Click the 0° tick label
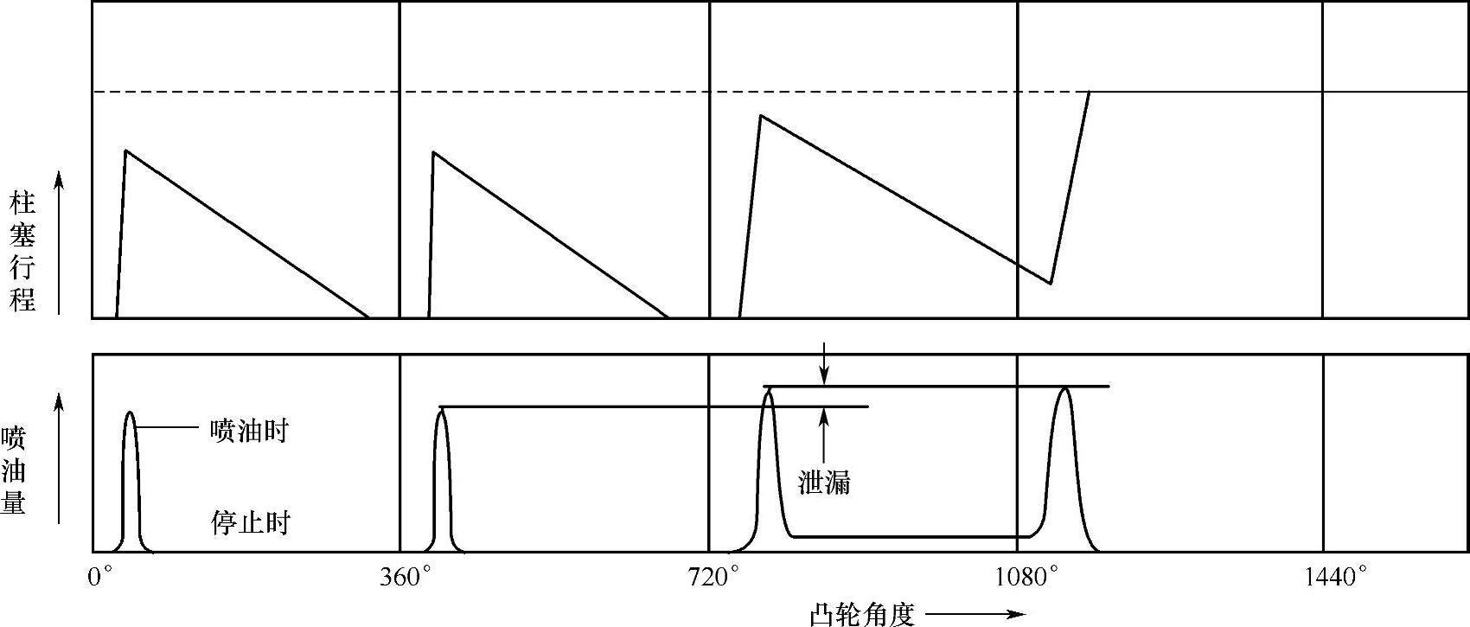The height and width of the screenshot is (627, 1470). pos(100,577)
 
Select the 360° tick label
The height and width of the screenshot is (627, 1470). pos(406,577)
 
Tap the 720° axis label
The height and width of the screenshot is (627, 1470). pos(714,577)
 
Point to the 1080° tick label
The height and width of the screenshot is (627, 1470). pos(1028,577)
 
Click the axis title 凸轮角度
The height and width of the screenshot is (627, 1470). pos(862,614)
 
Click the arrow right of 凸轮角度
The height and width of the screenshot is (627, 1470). pos(975,614)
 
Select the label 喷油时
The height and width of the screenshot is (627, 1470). pos(249,430)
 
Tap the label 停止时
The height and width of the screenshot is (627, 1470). pos(250,522)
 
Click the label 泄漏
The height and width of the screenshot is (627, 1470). pos(823,483)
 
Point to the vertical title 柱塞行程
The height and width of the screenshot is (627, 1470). pos(22,253)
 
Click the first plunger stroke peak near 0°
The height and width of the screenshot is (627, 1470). pos(126,151)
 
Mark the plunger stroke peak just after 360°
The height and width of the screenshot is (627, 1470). pos(433,152)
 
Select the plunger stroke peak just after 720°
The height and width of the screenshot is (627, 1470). pos(760,115)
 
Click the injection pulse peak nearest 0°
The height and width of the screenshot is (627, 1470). pos(130,413)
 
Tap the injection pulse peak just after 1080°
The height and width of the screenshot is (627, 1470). pos(1064,389)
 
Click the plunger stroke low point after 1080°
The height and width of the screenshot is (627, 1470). pos(1050,283)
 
